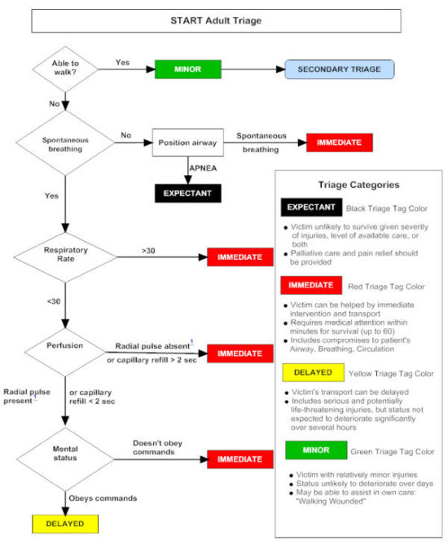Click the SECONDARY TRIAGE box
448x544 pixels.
(x=338, y=69)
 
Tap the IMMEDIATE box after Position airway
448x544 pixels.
(x=339, y=143)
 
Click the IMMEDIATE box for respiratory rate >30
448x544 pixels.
(x=239, y=257)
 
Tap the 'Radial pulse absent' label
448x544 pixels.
(x=152, y=346)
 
